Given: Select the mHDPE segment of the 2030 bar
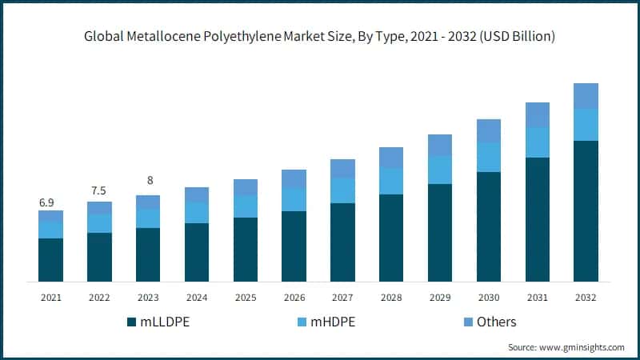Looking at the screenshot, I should (x=488, y=157).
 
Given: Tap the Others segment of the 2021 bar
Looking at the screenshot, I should (x=50, y=216).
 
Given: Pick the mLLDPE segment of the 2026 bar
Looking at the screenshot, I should (x=294, y=246).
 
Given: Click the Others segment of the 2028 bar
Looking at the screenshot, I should (x=391, y=158).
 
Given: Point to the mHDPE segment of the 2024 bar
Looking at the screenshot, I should (x=196, y=213).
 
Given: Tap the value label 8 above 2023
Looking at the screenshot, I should (x=148, y=181).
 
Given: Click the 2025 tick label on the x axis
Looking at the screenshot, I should (x=245, y=298).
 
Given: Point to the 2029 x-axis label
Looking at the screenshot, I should (x=439, y=298).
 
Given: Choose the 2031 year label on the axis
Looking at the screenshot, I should (x=537, y=298).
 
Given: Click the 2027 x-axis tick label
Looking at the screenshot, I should (x=342, y=298).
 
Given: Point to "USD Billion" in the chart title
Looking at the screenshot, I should (x=518, y=37).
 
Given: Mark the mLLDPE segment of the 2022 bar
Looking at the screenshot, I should (x=99, y=257).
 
